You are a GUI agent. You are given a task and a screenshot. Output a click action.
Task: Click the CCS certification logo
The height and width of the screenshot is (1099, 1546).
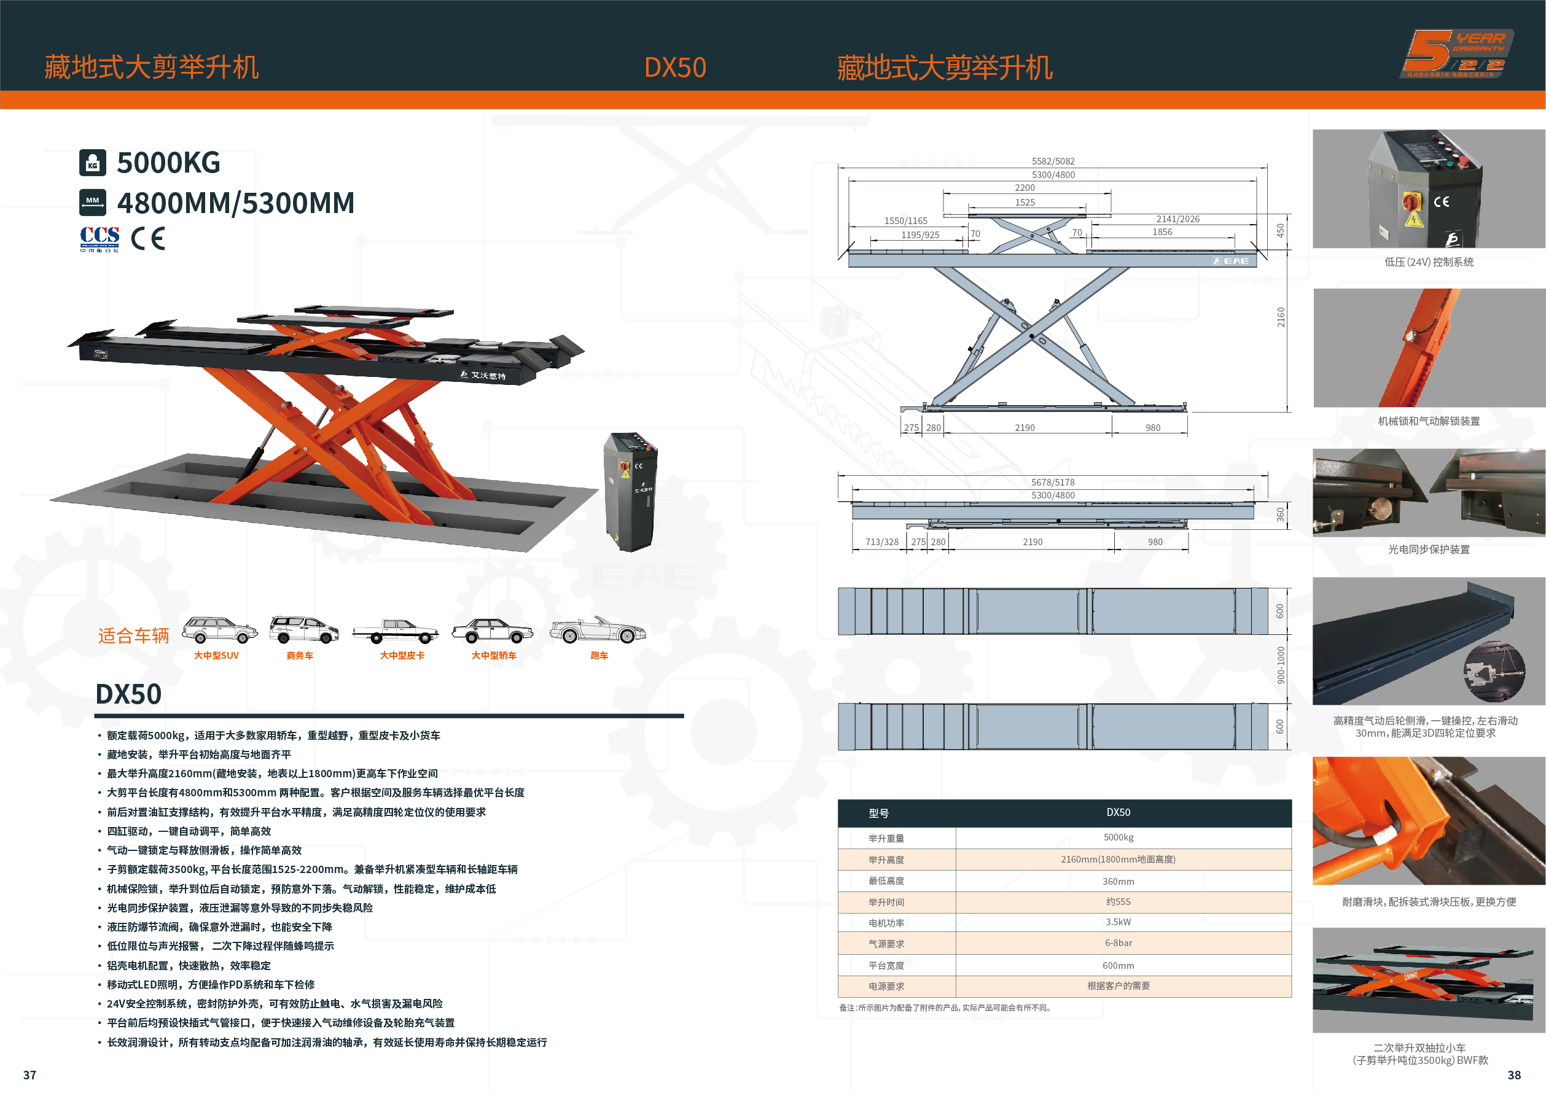100,239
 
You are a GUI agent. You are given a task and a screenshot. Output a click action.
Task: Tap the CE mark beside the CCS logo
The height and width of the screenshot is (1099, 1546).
148,238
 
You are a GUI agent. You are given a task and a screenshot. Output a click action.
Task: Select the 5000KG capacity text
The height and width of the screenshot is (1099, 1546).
168,163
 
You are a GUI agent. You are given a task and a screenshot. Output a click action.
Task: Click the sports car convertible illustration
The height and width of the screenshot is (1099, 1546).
598,630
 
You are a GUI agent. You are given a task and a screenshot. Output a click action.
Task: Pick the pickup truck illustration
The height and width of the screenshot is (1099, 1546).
396,631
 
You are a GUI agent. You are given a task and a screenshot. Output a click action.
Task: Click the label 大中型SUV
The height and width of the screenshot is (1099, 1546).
216,655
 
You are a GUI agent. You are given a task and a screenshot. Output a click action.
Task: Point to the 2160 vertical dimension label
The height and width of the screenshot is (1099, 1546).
1280,317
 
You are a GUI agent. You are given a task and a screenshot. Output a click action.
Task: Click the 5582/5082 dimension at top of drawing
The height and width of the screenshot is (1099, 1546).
1053,161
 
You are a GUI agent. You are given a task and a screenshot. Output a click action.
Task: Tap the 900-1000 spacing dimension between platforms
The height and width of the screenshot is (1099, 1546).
1280,664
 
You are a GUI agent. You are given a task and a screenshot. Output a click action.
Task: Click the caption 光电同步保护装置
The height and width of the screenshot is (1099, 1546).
1428,549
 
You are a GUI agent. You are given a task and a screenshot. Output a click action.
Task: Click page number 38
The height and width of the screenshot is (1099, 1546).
1513,1074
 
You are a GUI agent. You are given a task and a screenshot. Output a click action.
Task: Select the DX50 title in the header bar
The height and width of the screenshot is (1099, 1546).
675,67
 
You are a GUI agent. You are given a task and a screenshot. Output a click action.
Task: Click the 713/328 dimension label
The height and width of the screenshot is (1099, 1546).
881,542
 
